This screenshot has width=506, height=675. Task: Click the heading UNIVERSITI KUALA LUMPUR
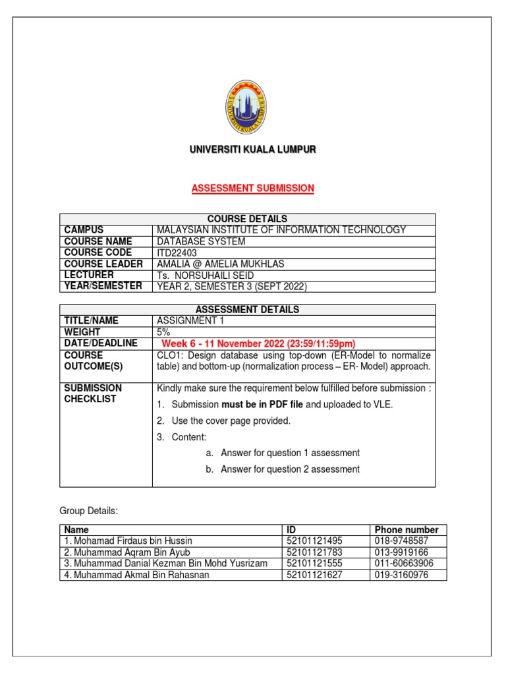click(x=253, y=151)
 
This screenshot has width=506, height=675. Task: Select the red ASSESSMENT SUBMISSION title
click(x=253, y=189)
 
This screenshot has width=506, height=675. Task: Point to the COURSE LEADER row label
click(x=103, y=264)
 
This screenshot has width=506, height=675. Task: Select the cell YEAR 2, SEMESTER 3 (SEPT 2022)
click(x=232, y=286)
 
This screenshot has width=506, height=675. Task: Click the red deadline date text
click(x=258, y=343)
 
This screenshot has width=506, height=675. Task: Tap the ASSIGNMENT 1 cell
click(x=187, y=321)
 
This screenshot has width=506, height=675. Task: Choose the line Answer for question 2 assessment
click(x=290, y=469)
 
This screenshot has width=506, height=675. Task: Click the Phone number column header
click(x=407, y=529)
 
